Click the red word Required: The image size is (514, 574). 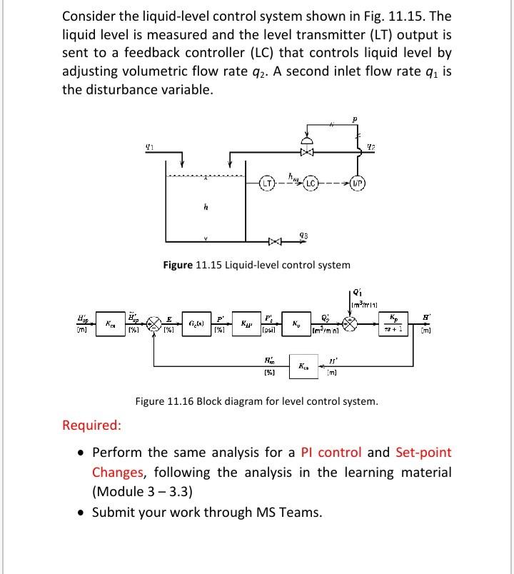(91, 426)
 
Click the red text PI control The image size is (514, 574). (326, 452)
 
